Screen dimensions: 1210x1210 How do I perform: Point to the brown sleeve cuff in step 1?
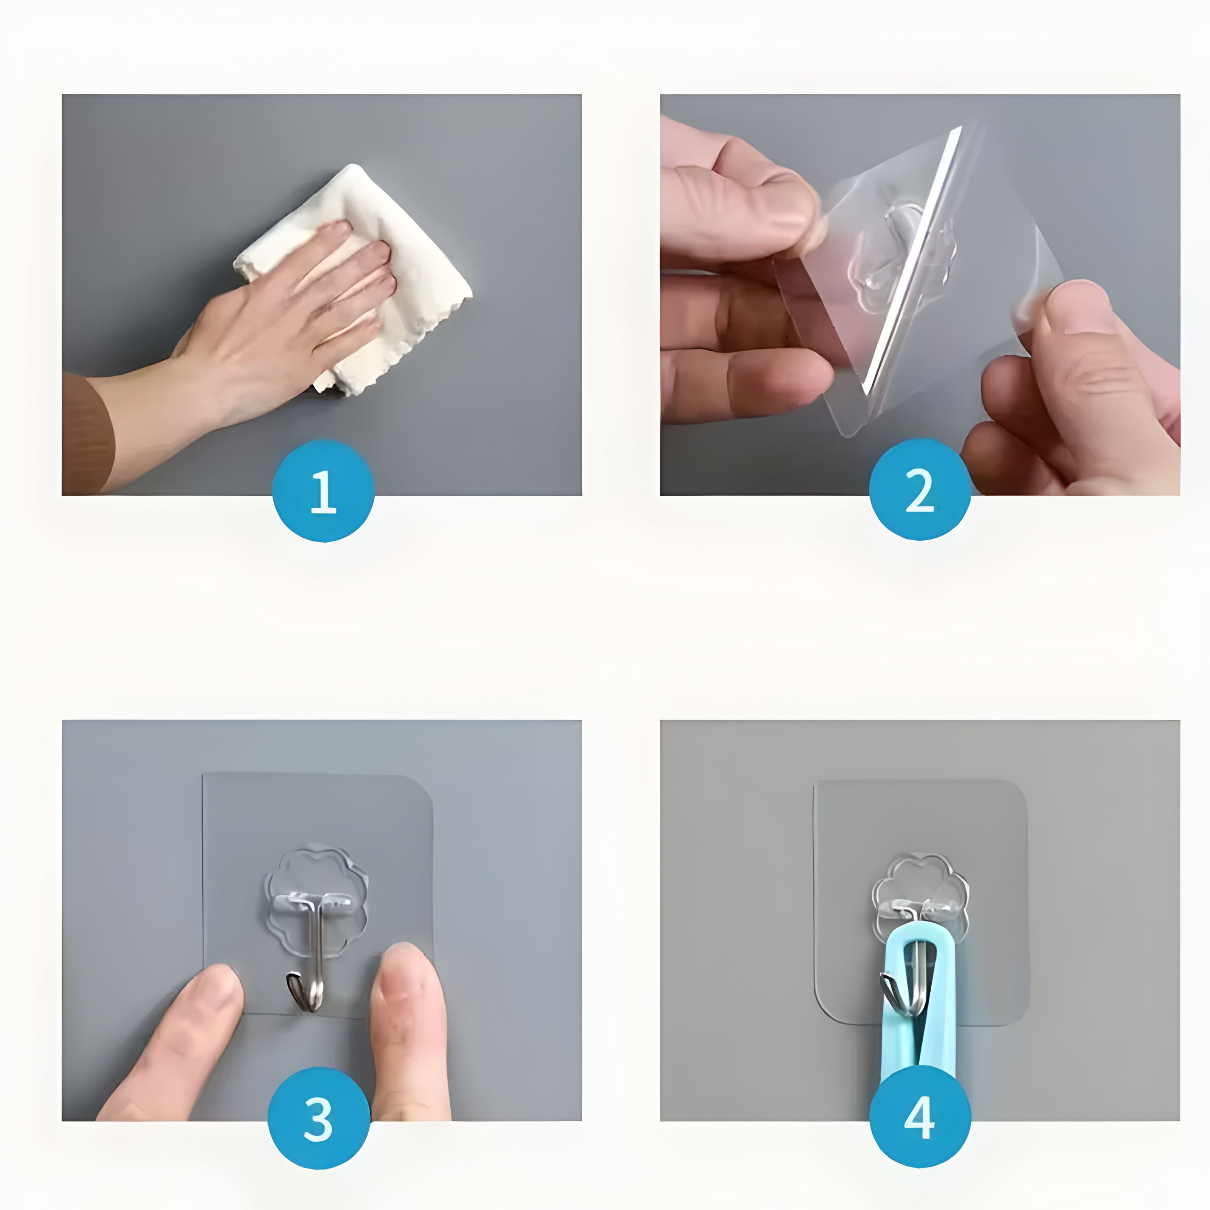click(85, 432)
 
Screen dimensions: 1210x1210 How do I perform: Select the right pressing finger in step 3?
click(407, 1015)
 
